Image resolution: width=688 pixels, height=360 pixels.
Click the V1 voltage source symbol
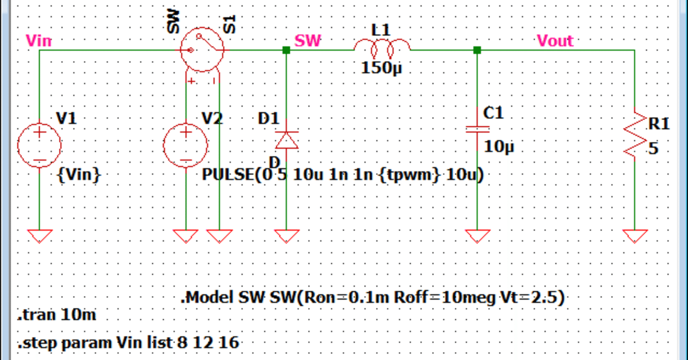(40, 145)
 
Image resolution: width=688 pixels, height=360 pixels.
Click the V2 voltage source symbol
(185, 145)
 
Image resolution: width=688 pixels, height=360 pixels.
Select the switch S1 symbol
(202, 50)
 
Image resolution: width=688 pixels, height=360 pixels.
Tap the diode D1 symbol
(286, 140)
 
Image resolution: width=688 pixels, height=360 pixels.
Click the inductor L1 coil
(382, 49)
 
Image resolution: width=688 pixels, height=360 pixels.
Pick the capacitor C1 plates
(477, 129)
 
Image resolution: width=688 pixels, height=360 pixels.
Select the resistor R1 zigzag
(635, 135)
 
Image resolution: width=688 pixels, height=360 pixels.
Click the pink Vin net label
(39, 40)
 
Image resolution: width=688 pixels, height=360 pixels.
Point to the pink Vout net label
(555, 40)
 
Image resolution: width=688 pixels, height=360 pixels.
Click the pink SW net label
(308, 40)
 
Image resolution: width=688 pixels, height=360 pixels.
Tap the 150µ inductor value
(382, 68)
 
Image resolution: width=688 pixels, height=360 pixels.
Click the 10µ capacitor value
(499, 147)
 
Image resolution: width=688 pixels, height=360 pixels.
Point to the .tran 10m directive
(57, 315)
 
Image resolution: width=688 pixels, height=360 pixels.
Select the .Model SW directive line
(372, 297)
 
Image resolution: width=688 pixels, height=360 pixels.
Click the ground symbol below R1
(635, 235)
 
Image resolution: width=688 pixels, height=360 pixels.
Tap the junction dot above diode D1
(286, 50)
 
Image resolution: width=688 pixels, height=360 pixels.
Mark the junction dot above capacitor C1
(477, 50)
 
